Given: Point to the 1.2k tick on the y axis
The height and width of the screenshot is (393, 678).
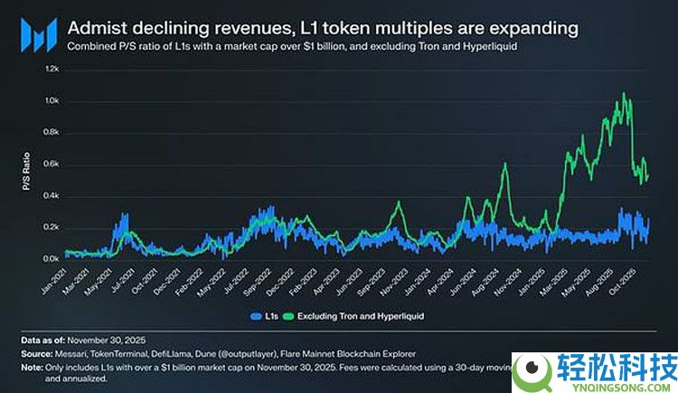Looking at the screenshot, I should point(52,69).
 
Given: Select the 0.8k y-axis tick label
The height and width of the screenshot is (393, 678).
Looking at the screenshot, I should point(52,132).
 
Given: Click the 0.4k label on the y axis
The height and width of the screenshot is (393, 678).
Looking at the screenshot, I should point(52,196).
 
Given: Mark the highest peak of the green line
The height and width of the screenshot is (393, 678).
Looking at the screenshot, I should point(622,93).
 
